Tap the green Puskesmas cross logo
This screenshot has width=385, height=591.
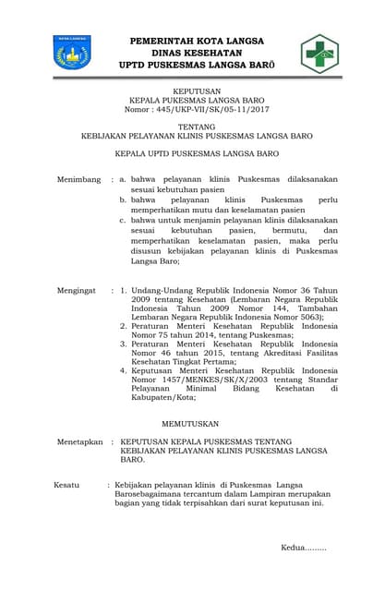[x=319, y=53]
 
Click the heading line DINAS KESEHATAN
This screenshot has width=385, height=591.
[x=198, y=54]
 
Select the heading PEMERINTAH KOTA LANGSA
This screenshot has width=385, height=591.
[x=198, y=41]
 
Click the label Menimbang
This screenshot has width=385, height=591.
[x=78, y=178]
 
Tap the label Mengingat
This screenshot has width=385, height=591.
[x=77, y=290]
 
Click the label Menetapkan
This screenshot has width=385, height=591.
[x=79, y=442]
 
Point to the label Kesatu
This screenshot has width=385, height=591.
[x=66, y=484]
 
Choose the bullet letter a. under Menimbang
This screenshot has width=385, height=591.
[x=123, y=178]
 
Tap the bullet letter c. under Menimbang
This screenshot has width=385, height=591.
[x=123, y=220]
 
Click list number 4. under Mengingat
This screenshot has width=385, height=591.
[x=124, y=371]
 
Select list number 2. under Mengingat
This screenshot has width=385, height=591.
[x=124, y=326]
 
